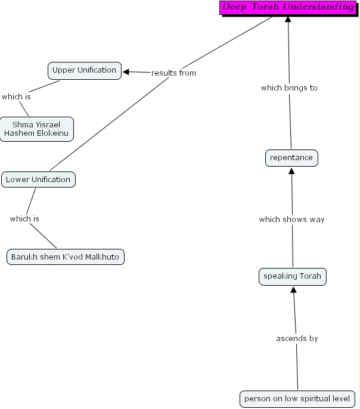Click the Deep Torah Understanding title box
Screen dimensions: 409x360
tap(288, 8)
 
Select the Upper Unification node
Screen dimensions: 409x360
tap(85, 70)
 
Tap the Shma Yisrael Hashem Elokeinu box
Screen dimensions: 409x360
tap(37, 129)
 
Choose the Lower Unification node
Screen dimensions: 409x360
tap(38, 179)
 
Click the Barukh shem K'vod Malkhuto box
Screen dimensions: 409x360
tap(66, 257)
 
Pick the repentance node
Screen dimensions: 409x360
tap(291, 158)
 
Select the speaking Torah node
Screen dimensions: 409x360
tap(293, 276)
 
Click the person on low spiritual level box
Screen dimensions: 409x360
tap(298, 398)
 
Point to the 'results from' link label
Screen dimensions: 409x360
tap(173, 73)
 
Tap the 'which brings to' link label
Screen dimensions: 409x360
tap(289, 88)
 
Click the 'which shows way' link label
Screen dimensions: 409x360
tap(291, 219)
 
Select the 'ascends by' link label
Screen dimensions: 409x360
tap(297, 338)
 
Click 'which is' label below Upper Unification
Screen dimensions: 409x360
tap(16, 96)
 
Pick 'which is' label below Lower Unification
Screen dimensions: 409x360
tap(24, 218)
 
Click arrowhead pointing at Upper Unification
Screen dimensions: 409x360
tap(126, 71)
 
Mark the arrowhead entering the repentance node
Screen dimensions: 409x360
tap(291, 171)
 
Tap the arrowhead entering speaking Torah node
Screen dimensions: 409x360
tap(293, 289)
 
